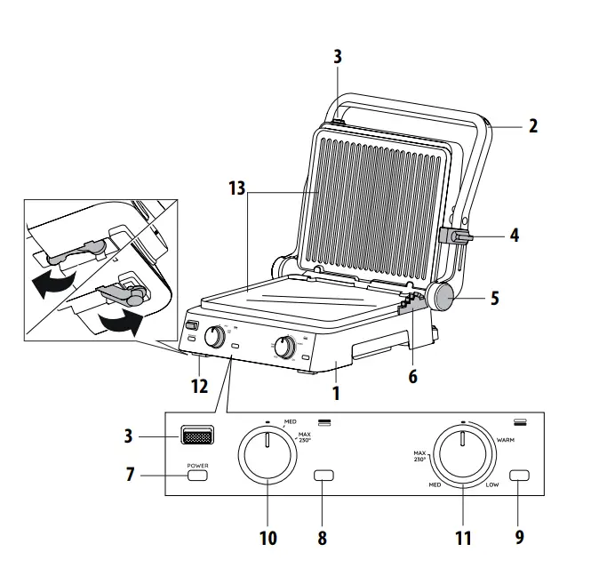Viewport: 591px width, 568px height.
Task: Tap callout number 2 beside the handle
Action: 532,125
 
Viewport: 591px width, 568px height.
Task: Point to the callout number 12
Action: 200,386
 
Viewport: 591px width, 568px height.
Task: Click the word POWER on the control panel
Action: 196,466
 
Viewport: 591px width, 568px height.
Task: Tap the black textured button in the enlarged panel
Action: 197,436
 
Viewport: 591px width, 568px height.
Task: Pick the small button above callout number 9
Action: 519,476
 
